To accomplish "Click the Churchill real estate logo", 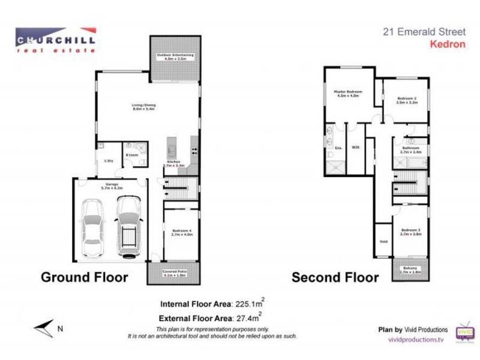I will click(x=56, y=40).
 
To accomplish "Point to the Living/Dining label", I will click(x=143, y=108).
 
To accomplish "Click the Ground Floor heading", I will click(x=84, y=277).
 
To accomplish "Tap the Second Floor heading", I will click(x=335, y=278).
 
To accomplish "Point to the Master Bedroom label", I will click(x=349, y=93).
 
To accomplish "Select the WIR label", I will click(x=355, y=146).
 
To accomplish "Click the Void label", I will click(x=383, y=242).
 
